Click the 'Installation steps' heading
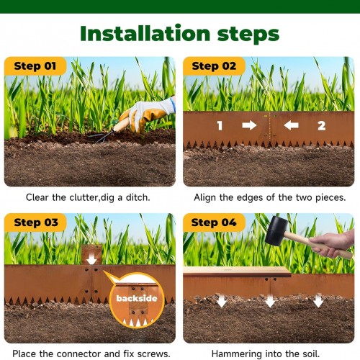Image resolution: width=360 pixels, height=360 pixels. pyautogui.click(x=180, y=34)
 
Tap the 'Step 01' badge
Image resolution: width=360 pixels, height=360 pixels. pyautogui.click(x=35, y=66)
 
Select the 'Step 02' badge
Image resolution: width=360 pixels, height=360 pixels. pyautogui.click(x=214, y=66)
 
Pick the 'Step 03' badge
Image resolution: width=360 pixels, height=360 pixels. pyautogui.click(x=35, y=222)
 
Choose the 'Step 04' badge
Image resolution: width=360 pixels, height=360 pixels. pyautogui.click(x=214, y=222)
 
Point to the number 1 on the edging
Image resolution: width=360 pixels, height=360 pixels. pyautogui.click(x=220, y=125)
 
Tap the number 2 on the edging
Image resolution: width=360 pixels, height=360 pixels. pyautogui.click(x=321, y=125)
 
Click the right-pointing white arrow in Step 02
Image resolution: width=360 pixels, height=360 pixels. pyautogui.click(x=249, y=125)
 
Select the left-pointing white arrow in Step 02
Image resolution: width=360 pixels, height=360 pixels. pyautogui.click(x=291, y=125)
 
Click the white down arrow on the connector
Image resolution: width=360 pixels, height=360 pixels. pyautogui.click(x=91, y=258)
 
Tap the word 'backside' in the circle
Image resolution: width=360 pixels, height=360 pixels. pyautogui.click(x=137, y=298)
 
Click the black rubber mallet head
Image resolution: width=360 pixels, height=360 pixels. pyautogui.click(x=276, y=231)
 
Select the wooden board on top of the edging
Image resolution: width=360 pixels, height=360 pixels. pyautogui.click(x=237, y=271)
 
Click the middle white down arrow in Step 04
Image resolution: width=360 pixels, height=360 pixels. pyautogui.click(x=270, y=300)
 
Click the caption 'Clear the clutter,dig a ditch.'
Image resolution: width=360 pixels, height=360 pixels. pyautogui.click(x=88, y=197)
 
